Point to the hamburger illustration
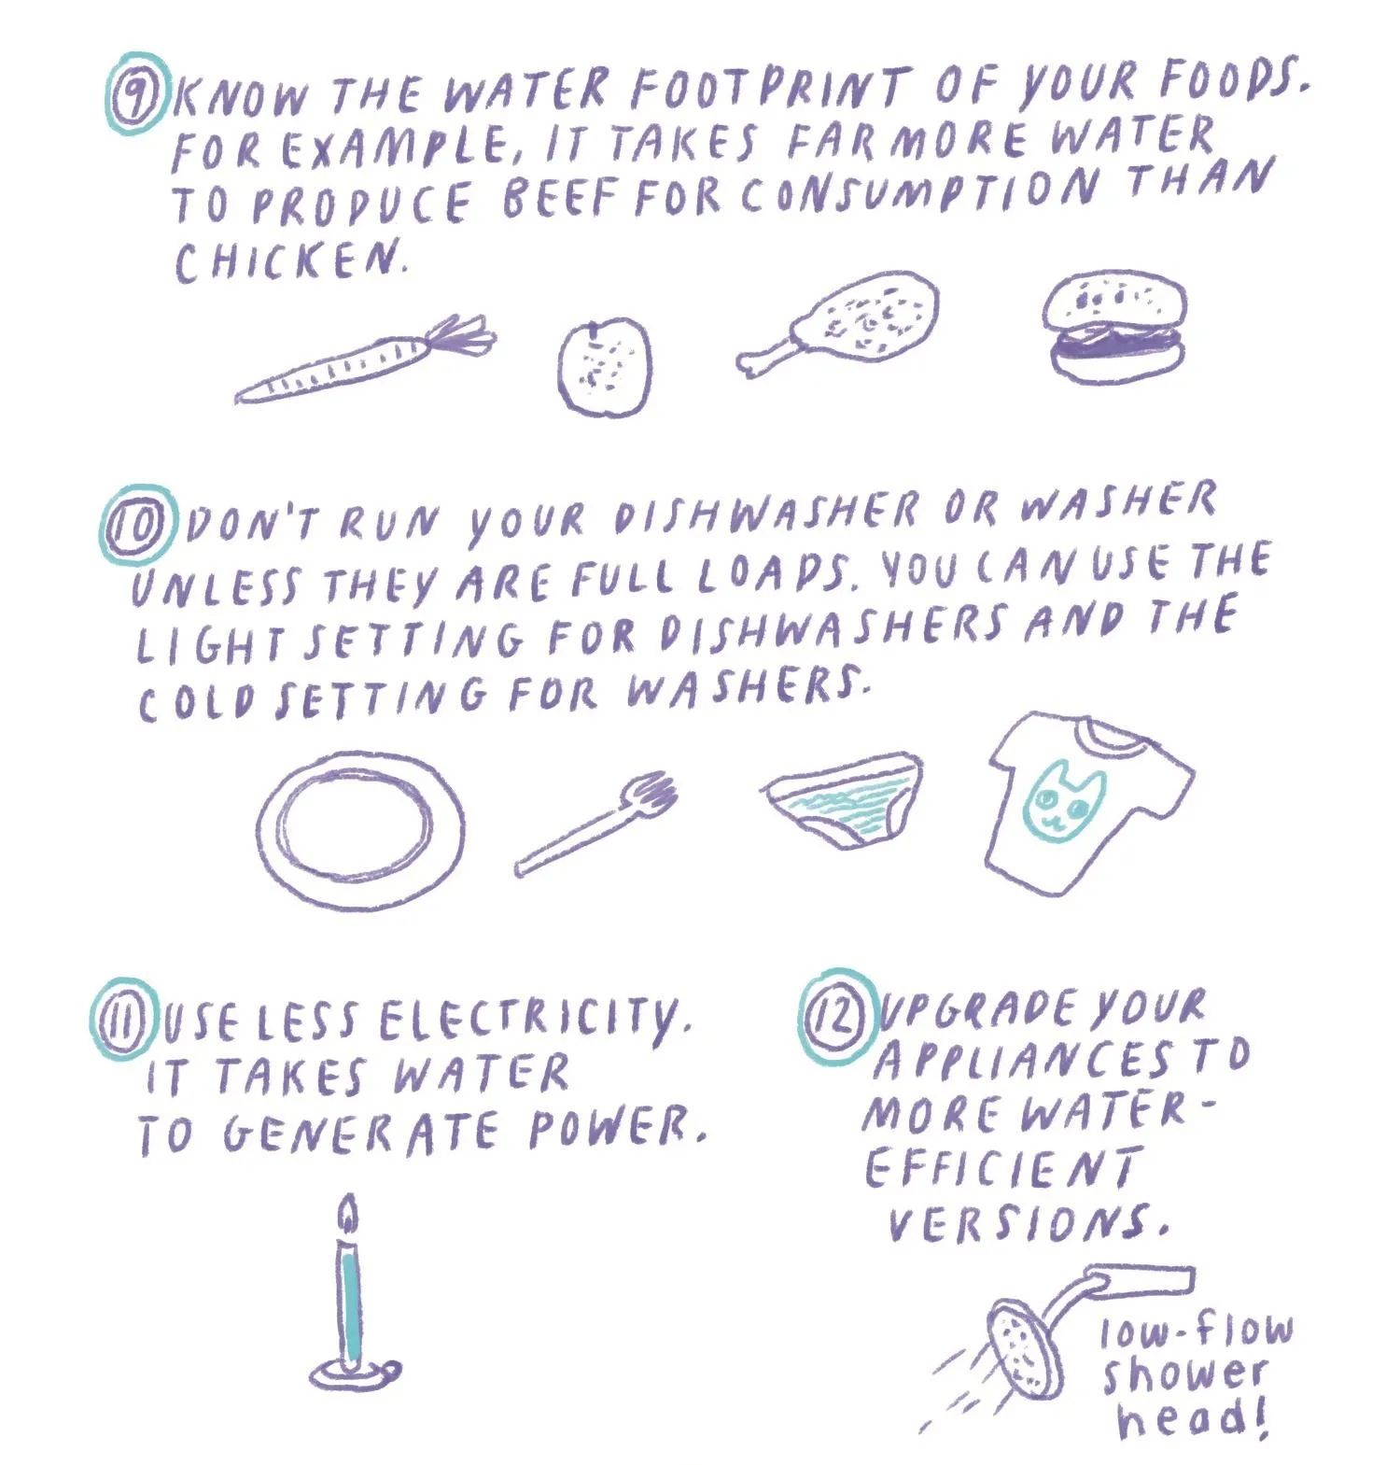(1115, 327)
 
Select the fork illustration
(597, 822)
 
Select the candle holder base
(352, 1372)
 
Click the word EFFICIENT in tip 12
(1003, 1167)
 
